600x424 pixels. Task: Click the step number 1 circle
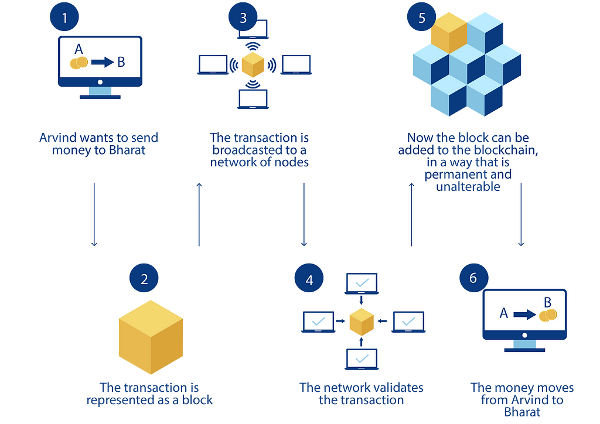tap(64, 17)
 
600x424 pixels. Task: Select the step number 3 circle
tap(243, 18)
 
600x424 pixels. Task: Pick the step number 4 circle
tap(310, 280)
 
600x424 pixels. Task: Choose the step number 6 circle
tap(473, 278)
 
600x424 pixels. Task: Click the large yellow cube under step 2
tap(151, 337)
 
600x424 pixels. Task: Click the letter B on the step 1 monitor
tap(121, 62)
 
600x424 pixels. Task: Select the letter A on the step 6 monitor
tap(503, 314)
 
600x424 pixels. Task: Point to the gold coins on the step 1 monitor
tap(79, 63)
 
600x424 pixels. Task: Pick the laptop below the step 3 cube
tap(253, 100)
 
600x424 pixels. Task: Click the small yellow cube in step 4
tap(362, 321)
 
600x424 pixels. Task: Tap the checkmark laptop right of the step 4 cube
tap(408, 322)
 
